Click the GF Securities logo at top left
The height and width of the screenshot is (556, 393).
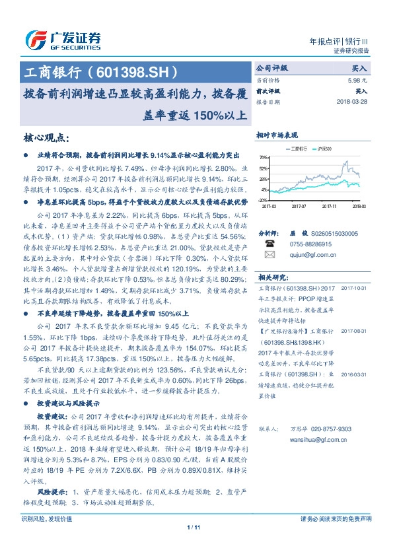point(63,39)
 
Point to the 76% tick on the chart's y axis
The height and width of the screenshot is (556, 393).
point(264,158)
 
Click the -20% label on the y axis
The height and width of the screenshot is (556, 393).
point(263,199)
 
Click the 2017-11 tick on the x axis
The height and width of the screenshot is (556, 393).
point(330,206)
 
